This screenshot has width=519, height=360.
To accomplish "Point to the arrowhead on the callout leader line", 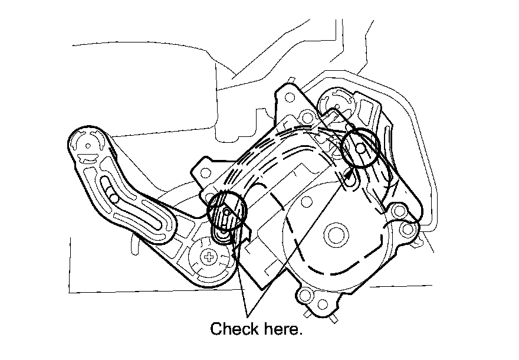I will (353, 171).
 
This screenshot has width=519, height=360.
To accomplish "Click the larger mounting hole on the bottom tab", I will (306, 296).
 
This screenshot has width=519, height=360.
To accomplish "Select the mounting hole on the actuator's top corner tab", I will (306, 114).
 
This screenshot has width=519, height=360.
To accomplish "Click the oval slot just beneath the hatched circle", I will (222, 236).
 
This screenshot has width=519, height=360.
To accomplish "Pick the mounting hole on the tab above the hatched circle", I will (205, 173).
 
